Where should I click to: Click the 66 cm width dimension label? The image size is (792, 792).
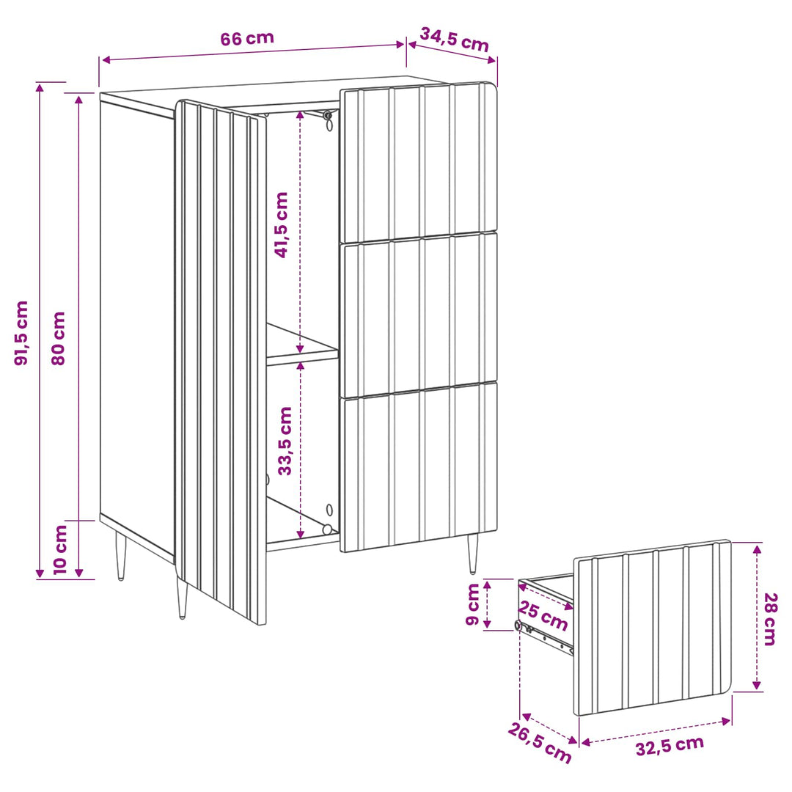247,38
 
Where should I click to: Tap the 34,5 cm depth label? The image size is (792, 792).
454,40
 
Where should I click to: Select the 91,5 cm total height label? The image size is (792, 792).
21,333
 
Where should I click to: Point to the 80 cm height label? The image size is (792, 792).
59,338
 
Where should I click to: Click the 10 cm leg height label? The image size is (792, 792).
60,549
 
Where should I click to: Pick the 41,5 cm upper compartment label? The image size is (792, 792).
282,225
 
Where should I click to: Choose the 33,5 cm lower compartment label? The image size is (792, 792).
285,441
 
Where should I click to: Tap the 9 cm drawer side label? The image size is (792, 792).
472,604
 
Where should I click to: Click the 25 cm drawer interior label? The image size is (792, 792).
543,616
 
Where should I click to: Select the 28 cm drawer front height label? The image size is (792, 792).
769,619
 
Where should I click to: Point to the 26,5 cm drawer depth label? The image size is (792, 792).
540,742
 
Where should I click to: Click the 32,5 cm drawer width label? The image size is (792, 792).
670,746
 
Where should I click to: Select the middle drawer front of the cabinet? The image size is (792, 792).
418,314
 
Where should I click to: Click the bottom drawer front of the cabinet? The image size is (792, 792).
418,466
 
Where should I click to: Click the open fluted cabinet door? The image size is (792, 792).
220,361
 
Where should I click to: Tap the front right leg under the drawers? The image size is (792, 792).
472,554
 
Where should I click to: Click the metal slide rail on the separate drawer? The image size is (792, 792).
546,638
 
